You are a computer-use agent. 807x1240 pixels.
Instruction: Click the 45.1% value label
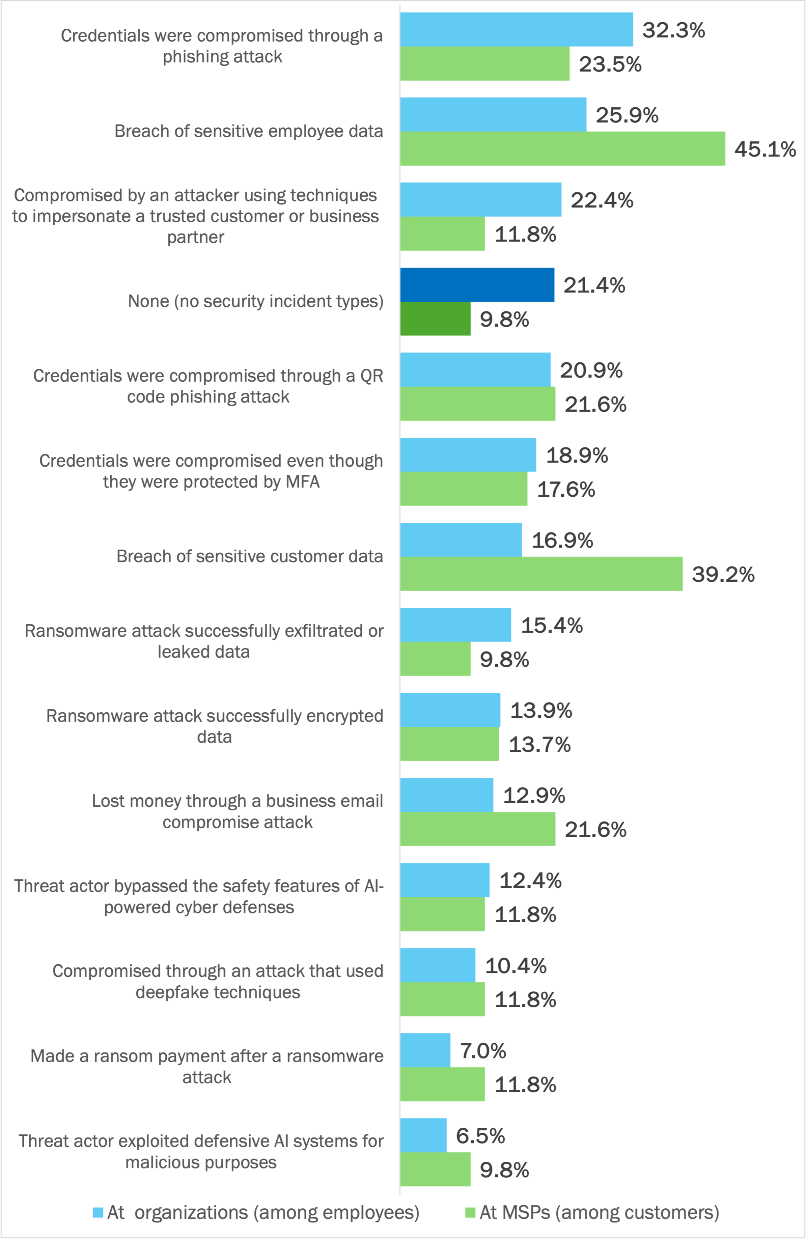pos(765,149)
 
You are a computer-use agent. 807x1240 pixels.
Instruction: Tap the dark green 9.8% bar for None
pos(435,319)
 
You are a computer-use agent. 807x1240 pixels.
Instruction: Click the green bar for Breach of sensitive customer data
pos(541,574)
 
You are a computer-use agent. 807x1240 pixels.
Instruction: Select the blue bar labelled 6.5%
pos(423,1135)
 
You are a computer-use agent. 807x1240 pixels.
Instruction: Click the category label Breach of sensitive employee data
pos(249,131)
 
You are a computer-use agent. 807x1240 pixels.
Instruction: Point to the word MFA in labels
pos(302,482)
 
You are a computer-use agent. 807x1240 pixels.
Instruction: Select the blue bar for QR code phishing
pos(475,369)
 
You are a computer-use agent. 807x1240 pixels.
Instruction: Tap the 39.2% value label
pos(723,575)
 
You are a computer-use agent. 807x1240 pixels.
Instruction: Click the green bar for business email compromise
pos(477,829)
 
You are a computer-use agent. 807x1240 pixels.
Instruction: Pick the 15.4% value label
pos(551,625)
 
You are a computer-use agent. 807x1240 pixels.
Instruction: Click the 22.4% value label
pos(602,200)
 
